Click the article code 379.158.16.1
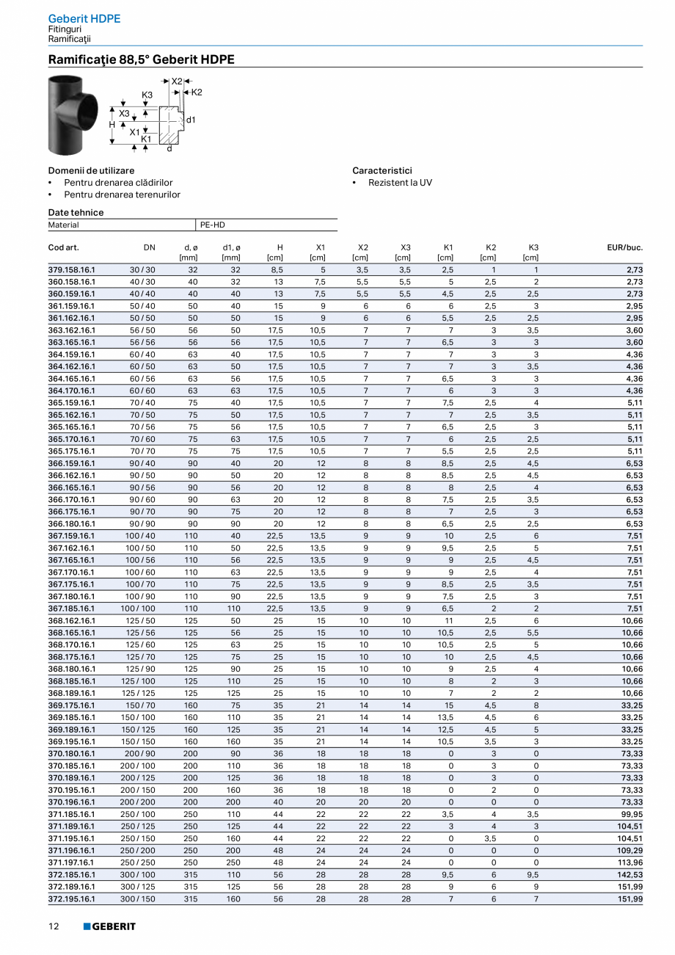[71, 270]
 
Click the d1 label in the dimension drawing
[191, 119]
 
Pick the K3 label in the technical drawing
[147, 95]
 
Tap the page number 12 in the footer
[54, 926]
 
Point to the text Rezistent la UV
[400, 182]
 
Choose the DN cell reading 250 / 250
[138, 863]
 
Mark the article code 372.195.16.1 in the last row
[71, 898]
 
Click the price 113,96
[629, 863]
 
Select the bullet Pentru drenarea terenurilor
[122, 195]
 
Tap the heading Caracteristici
[382, 170]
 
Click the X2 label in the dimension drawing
[177, 81]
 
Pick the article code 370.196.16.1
[71, 802]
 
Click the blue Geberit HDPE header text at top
[84, 18]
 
